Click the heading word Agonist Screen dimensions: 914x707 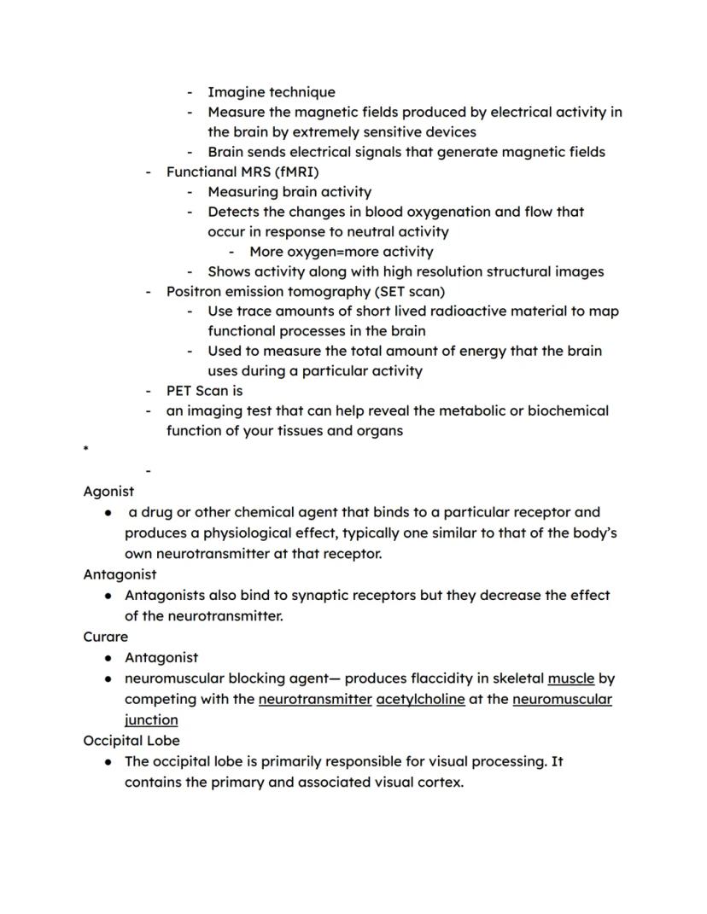(108, 492)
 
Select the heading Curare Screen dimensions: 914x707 (106, 637)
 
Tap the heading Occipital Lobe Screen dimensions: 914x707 (131, 740)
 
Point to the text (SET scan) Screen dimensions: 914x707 (410, 291)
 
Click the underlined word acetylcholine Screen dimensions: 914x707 (420, 699)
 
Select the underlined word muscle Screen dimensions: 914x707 (570, 678)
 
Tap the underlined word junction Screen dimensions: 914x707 (151, 719)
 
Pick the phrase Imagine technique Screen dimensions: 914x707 (272, 92)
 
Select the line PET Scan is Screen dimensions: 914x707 (204, 391)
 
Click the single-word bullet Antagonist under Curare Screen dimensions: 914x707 (161, 657)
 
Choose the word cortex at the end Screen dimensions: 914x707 (440, 781)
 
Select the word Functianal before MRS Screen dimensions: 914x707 (202, 172)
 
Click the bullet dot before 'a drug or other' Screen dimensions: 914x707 (108, 513)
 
